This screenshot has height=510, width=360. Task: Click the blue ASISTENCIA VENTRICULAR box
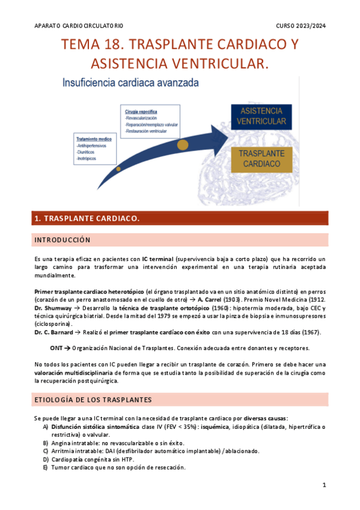pyautogui.click(x=260, y=117)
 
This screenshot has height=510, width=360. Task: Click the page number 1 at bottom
pyautogui.click(x=323, y=485)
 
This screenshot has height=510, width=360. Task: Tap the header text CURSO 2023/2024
pyautogui.click(x=301, y=26)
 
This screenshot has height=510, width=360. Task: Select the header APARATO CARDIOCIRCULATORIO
pyautogui.click(x=79, y=26)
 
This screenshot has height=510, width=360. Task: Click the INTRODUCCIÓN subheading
pyautogui.click(x=63, y=240)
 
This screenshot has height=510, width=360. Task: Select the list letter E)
pyautogui.click(x=45, y=468)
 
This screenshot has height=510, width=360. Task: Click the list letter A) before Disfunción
pyautogui.click(x=45, y=426)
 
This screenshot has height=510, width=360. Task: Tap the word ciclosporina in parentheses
pyautogui.click(x=53, y=324)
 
